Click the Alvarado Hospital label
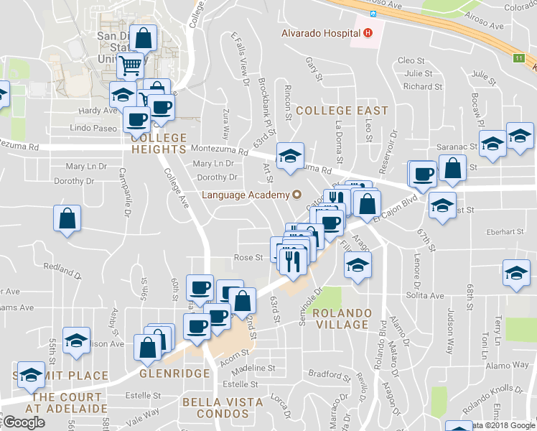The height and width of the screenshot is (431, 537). coord(320,33)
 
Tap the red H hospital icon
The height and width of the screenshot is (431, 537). coord(368,32)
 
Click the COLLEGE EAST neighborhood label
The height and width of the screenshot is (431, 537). coord(342,111)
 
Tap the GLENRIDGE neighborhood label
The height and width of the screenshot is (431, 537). coord(174,374)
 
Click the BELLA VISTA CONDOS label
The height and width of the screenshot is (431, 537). coord(215,407)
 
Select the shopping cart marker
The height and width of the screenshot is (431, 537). coord(131,67)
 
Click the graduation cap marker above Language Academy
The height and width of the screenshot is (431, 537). coord(290,156)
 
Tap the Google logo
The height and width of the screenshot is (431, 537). coord(24,422)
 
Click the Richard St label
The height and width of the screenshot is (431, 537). coord(417,86)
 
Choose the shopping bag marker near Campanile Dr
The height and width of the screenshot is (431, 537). coord(67,218)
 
